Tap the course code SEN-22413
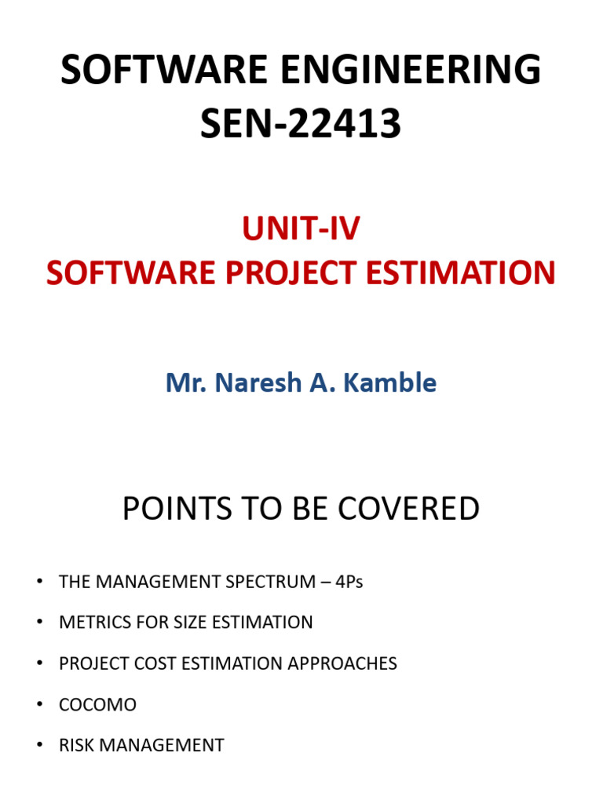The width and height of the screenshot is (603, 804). [x=301, y=125]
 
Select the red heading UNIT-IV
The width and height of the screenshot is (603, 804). [x=301, y=228]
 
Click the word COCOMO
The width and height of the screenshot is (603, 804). [x=97, y=704]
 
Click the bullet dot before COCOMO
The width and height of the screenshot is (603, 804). [x=38, y=704]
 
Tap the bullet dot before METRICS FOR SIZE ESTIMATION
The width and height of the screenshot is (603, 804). [x=38, y=623]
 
